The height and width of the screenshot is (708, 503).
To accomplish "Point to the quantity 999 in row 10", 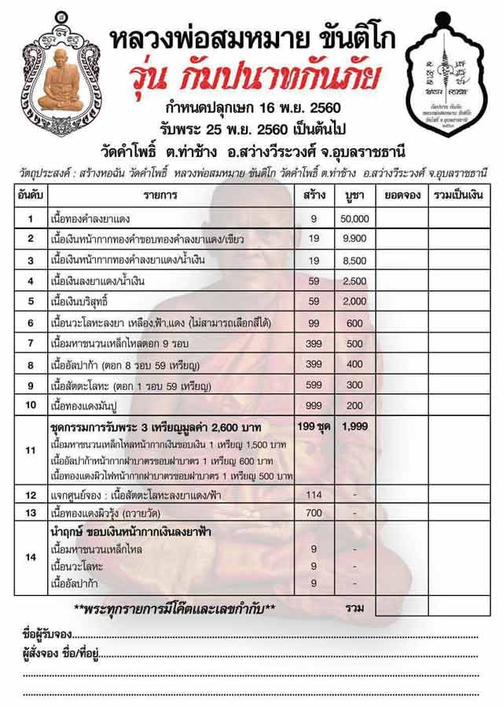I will [x=314, y=405].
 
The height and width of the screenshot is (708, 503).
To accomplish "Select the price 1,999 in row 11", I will [x=355, y=426].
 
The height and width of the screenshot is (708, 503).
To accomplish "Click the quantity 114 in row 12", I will [x=314, y=495].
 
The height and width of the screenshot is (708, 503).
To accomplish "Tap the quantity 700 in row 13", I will [x=314, y=513].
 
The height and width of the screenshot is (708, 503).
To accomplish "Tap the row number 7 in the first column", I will [x=30, y=343].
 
